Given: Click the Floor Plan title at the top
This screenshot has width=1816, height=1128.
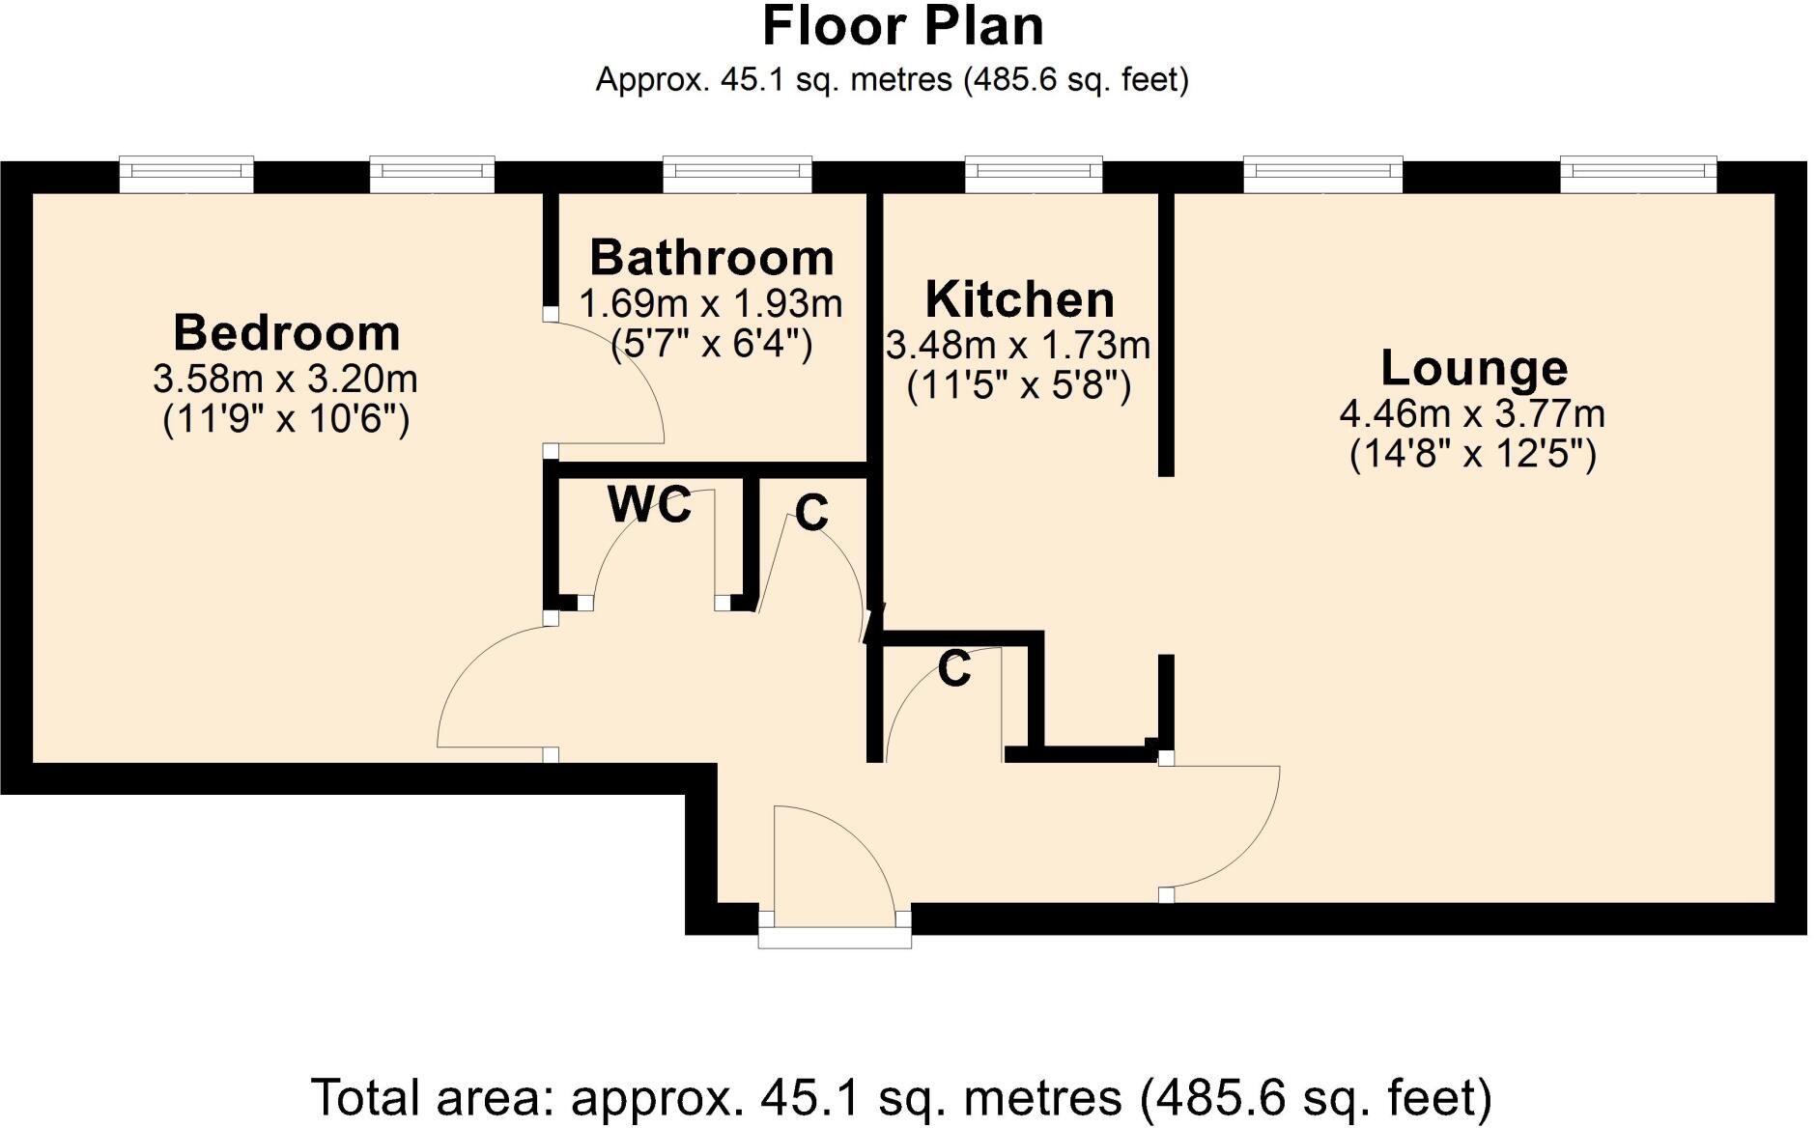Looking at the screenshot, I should point(902,27).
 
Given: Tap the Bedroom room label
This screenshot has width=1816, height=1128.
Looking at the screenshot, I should point(287,333).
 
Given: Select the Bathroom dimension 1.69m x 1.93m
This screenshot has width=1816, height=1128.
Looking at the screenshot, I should point(711,304).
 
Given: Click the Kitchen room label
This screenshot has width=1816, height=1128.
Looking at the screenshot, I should point(1019,299).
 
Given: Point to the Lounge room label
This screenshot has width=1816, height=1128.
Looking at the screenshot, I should point(1473,368).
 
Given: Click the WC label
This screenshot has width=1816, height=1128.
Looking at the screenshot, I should point(649,504).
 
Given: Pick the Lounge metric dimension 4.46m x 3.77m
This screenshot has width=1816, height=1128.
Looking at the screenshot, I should point(1472,414).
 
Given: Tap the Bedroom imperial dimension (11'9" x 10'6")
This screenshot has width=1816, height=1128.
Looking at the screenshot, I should point(286,420).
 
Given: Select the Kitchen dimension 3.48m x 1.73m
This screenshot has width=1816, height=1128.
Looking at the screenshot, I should point(1018,345).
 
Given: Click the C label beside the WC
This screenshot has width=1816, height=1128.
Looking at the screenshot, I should point(811,513).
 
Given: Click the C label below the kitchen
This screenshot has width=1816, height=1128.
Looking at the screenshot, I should point(953,668).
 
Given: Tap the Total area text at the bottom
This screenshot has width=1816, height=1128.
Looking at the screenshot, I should point(900,1098).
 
